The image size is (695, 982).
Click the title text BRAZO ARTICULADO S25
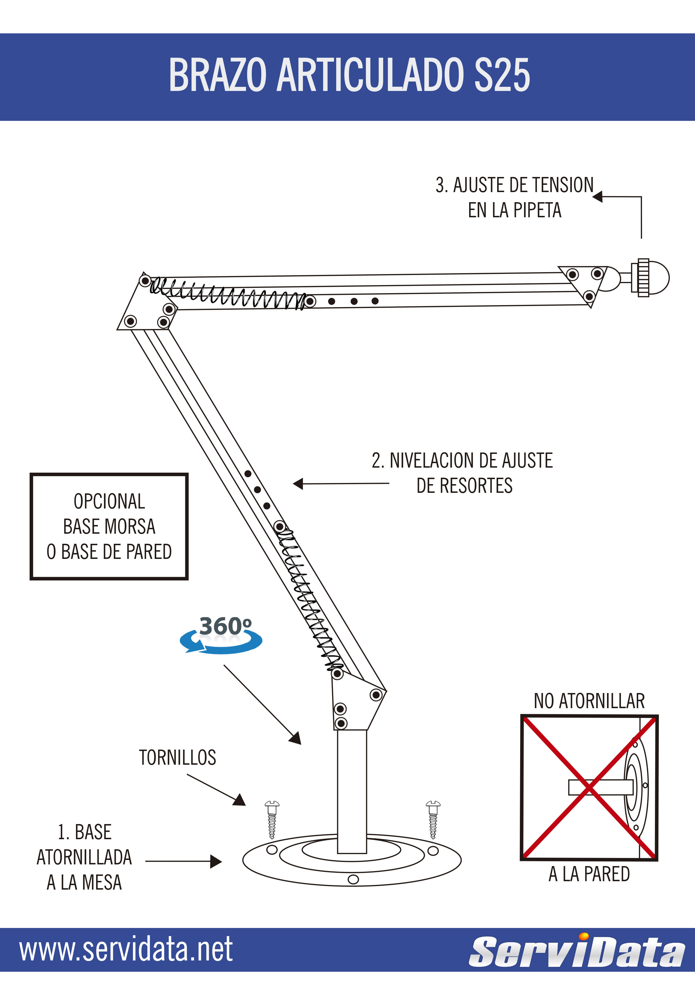tap(349, 75)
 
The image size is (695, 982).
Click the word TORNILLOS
tap(178, 758)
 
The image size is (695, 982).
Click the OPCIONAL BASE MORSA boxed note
tap(109, 526)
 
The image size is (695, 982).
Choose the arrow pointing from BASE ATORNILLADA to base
tap(184, 861)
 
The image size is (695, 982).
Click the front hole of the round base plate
tap(353, 879)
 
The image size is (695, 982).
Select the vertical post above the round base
tap(352, 791)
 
